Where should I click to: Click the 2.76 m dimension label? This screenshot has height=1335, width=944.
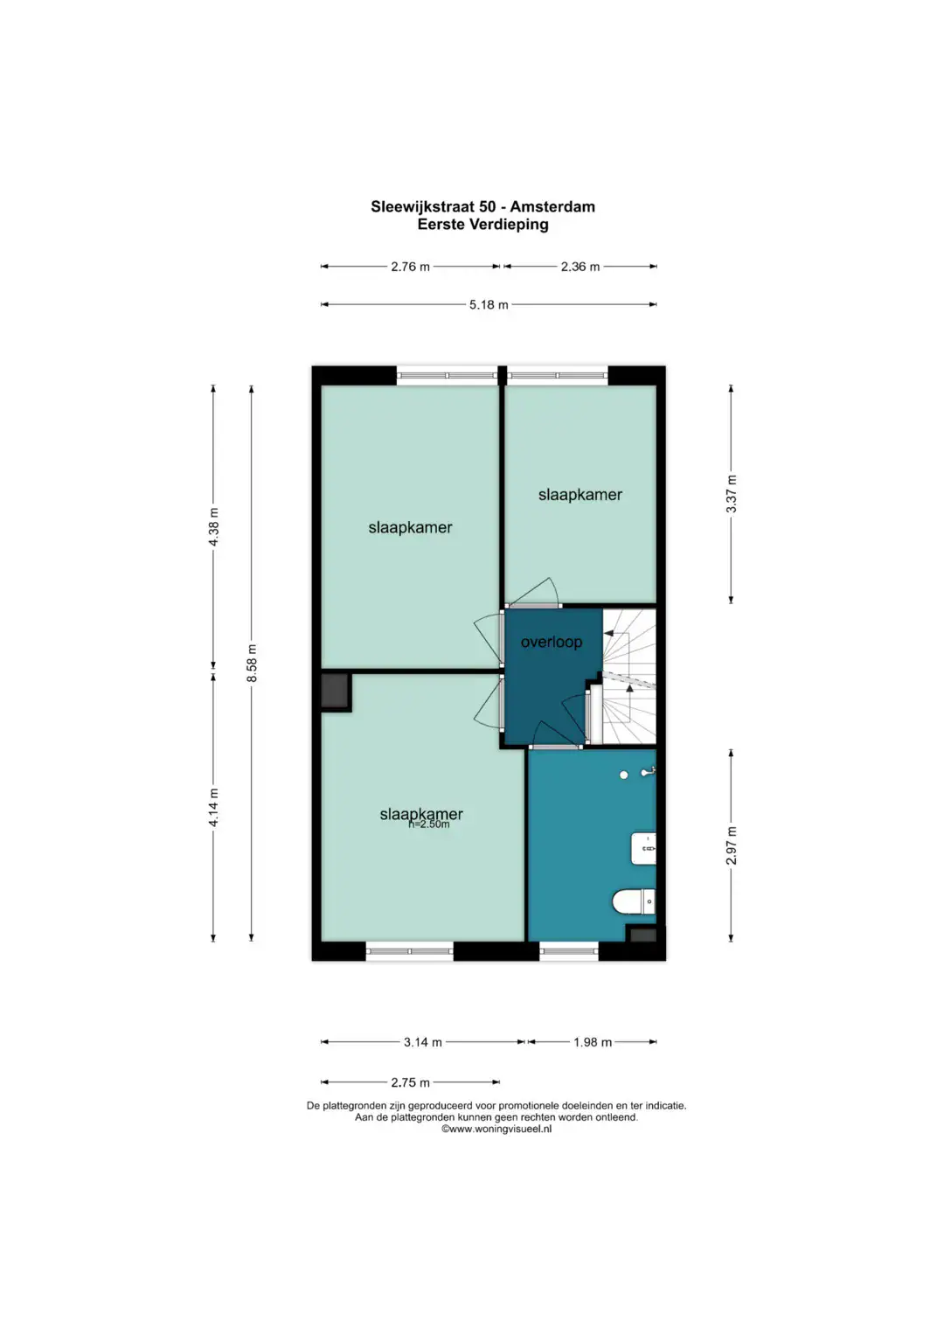point(410,267)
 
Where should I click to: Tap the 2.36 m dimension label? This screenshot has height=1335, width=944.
point(580,267)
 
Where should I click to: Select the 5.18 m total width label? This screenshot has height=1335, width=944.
point(489,304)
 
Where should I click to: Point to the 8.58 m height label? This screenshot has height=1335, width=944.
point(252,664)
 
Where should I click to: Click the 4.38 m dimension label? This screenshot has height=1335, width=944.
point(213,526)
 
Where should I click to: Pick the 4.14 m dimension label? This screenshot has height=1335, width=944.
point(213,807)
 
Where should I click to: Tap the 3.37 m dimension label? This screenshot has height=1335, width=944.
point(732,494)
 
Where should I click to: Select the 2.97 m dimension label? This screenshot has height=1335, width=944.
point(732,845)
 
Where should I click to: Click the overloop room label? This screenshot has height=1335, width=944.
point(552,642)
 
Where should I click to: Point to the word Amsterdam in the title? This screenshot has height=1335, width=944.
point(552,207)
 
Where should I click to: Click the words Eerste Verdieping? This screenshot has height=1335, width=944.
point(482,225)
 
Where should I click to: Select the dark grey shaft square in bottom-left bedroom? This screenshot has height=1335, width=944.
point(335,692)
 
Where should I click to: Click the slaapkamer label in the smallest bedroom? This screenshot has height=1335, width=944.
point(580,495)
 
